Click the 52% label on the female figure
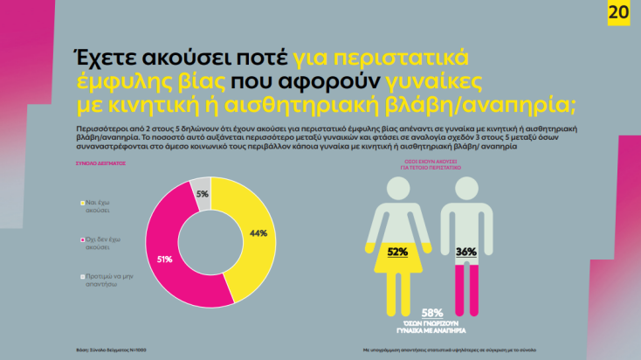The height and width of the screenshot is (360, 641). [397, 252]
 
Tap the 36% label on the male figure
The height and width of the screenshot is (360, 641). [465, 252]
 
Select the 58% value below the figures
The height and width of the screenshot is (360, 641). [431, 312]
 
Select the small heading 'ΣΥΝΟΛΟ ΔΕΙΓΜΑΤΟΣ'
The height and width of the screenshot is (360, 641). [101, 163]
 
